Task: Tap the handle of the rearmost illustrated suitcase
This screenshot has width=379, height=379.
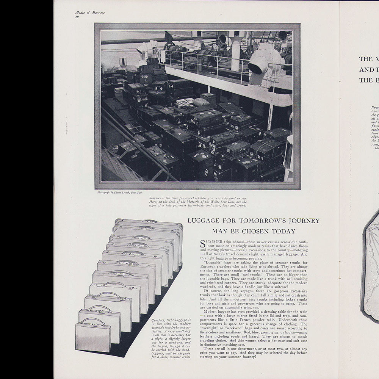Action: [x=149, y=221]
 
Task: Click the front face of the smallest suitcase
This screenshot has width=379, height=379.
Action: [x=92, y=338]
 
